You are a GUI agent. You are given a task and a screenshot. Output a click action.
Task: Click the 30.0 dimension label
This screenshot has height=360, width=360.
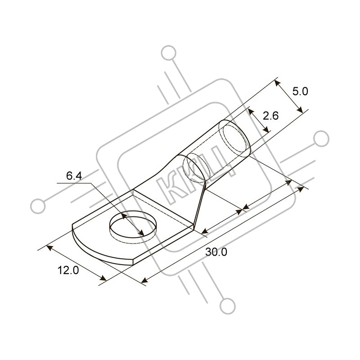[x=216, y=252]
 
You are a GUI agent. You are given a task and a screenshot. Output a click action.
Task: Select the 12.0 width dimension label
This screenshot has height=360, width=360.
[x=68, y=270]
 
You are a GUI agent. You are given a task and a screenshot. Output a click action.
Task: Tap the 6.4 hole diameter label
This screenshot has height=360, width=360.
[x=74, y=176]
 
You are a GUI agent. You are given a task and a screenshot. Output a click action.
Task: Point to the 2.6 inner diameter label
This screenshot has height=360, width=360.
[x=270, y=116]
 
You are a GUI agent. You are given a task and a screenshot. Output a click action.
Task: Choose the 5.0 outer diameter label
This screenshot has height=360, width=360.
[x=300, y=91]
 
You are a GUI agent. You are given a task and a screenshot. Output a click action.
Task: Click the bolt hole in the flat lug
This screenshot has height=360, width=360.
[x=133, y=227]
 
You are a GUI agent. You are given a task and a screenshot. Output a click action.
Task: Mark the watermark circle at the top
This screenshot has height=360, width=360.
[x=169, y=53]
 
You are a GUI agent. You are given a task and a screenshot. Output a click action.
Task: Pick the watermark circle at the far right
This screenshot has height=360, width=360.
[x=321, y=139]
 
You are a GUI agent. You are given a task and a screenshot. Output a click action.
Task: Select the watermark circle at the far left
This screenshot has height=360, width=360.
[x=38, y=206]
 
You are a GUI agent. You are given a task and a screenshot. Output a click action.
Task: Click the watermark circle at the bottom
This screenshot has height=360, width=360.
[x=228, y=306]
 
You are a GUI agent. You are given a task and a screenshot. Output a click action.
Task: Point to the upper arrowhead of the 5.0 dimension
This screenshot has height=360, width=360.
[x=278, y=83]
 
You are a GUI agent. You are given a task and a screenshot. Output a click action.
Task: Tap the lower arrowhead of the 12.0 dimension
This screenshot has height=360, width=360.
[x=103, y=278]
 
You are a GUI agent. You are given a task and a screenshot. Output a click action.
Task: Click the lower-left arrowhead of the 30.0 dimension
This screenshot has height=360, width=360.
[x=144, y=280]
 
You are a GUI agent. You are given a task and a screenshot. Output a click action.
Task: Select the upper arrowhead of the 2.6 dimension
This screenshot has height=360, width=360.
[x=251, y=112]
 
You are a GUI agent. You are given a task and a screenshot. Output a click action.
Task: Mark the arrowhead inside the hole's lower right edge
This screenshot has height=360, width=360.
[x=141, y=233]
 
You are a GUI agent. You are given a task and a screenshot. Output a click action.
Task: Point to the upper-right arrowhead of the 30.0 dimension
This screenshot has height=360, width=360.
[x=301, y=189]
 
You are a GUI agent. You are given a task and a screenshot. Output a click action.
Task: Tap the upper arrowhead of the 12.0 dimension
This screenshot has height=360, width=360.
[x=49, y=248]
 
